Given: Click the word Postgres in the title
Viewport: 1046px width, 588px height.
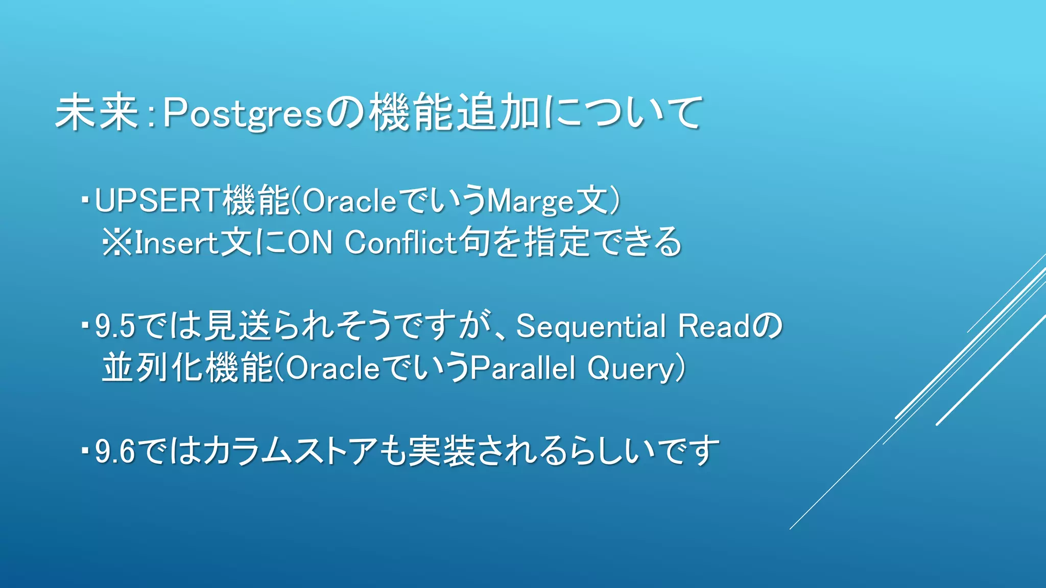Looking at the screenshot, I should coord(243,113).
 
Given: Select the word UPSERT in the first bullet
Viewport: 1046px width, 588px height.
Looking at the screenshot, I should coord(157,200).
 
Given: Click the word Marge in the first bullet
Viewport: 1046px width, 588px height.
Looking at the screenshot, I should coord(530,201).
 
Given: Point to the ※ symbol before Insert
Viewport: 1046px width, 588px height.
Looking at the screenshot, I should coord(117,242).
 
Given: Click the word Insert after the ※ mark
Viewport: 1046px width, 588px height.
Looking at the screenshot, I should coord(176,242).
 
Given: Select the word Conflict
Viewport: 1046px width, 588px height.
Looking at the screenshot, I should coord(400,242).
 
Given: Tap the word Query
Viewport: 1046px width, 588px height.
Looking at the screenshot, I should coord(631,369).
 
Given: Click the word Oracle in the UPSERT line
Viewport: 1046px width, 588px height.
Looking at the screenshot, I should coord(349,201).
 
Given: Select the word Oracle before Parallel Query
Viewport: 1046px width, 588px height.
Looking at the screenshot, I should coord(332,368).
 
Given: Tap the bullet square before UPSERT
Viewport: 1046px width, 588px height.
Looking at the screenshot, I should coord(85,198).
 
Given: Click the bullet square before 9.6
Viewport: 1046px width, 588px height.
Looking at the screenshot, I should coord(85,450).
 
